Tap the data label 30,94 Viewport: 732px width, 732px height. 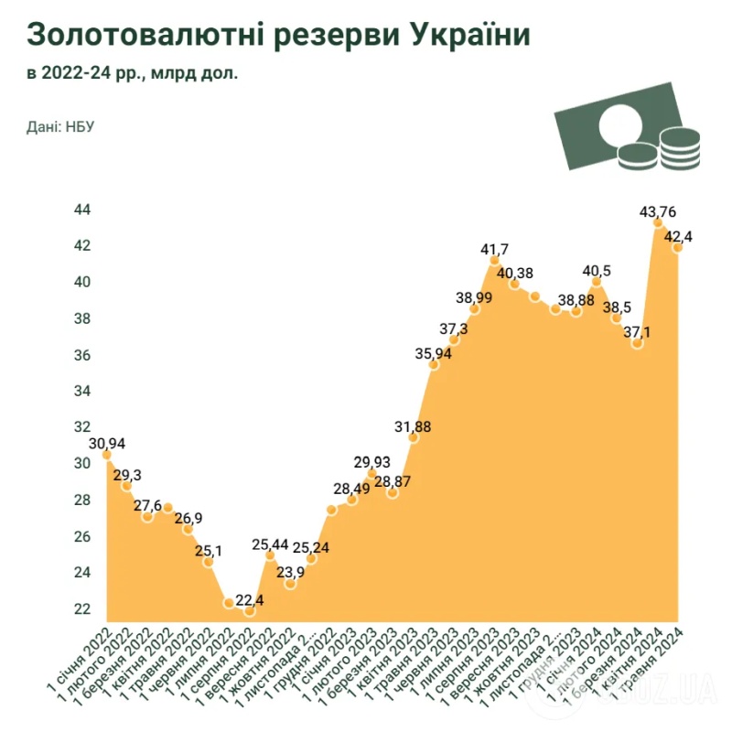[107, 444]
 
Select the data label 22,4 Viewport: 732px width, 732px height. [251, 600]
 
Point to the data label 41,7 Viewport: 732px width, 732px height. [495, 249]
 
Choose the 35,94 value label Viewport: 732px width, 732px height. [434, 354]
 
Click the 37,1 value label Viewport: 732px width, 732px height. [638, 333]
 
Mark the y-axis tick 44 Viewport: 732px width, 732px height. [82, 210]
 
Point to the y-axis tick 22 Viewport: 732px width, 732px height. [82, 609]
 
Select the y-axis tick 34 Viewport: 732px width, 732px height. [82, 392]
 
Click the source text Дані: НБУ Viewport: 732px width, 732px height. [60, 125]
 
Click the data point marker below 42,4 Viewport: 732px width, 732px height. [678, 248]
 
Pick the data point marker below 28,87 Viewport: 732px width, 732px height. [393, 492]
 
